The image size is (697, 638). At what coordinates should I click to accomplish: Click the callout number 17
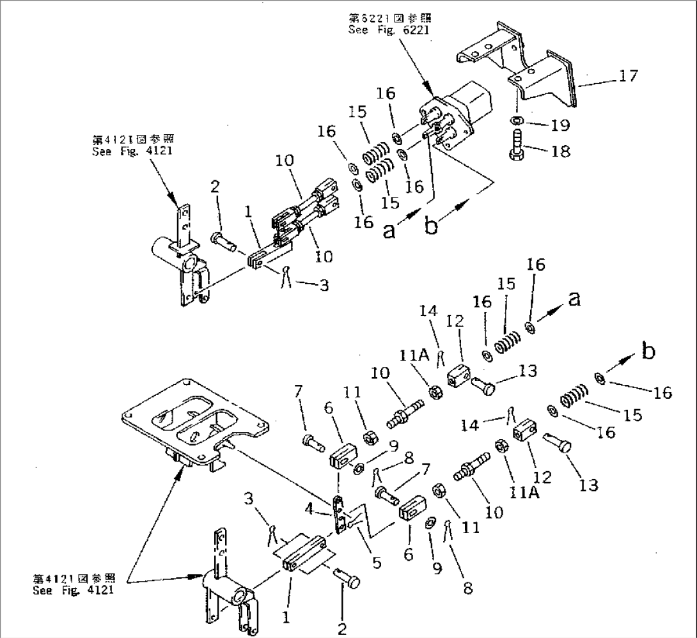[628, 76]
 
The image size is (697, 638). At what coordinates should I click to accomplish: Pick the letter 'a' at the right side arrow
[574, 299]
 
